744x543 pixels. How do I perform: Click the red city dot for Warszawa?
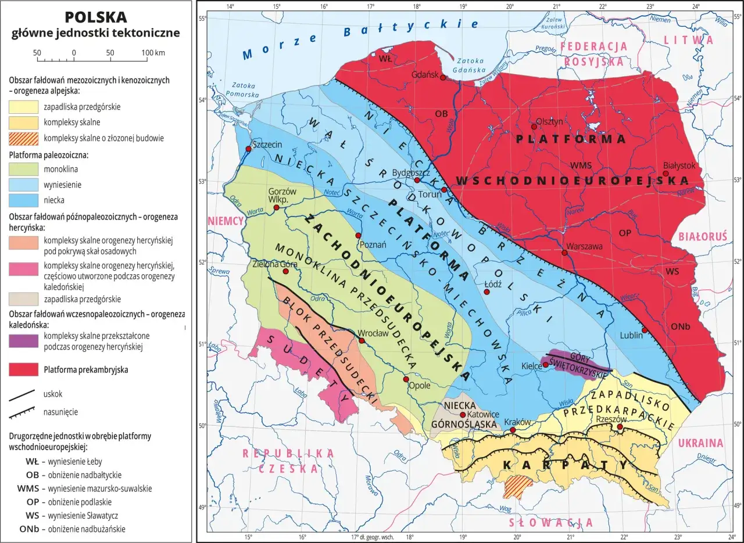[x=564, y=253]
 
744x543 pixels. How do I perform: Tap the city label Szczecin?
[x=266, y=143]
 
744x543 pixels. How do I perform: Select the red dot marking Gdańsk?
[x=443, y=77]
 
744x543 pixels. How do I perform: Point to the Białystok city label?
[x=679, y=165]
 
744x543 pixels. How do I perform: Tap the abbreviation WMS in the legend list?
[x=28, y=488]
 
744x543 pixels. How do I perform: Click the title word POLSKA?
[x=96, y=17]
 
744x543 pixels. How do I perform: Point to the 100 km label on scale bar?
[x=153, y=53]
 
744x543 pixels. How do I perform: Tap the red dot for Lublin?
[x=644, y=330]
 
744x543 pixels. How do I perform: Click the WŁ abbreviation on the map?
[x=384, y=59]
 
